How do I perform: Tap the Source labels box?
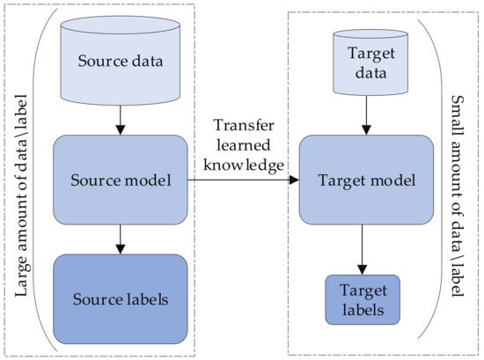(x=121, y=298)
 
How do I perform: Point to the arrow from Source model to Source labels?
(x=121, y=238)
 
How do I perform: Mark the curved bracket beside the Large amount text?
(x=39, y=180)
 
